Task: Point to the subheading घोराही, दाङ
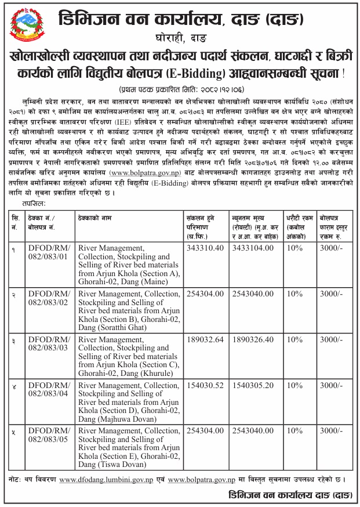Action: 181,39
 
